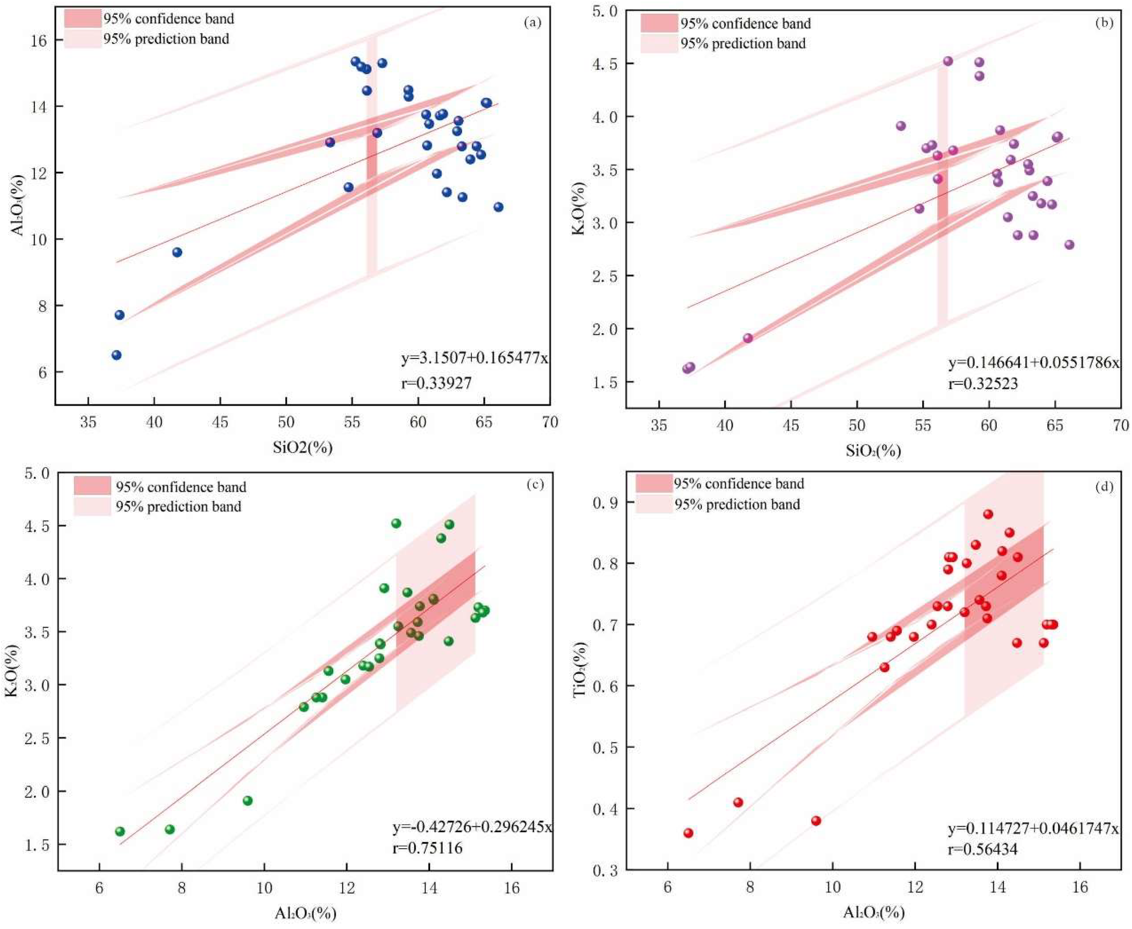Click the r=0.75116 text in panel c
coord(428,848)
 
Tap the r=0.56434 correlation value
coord(983,849)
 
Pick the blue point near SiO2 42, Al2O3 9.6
coord(177,252)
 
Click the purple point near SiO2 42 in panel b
coord(748,338)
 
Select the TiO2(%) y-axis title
coord(581,670)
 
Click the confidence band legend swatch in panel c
coord(92,486)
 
